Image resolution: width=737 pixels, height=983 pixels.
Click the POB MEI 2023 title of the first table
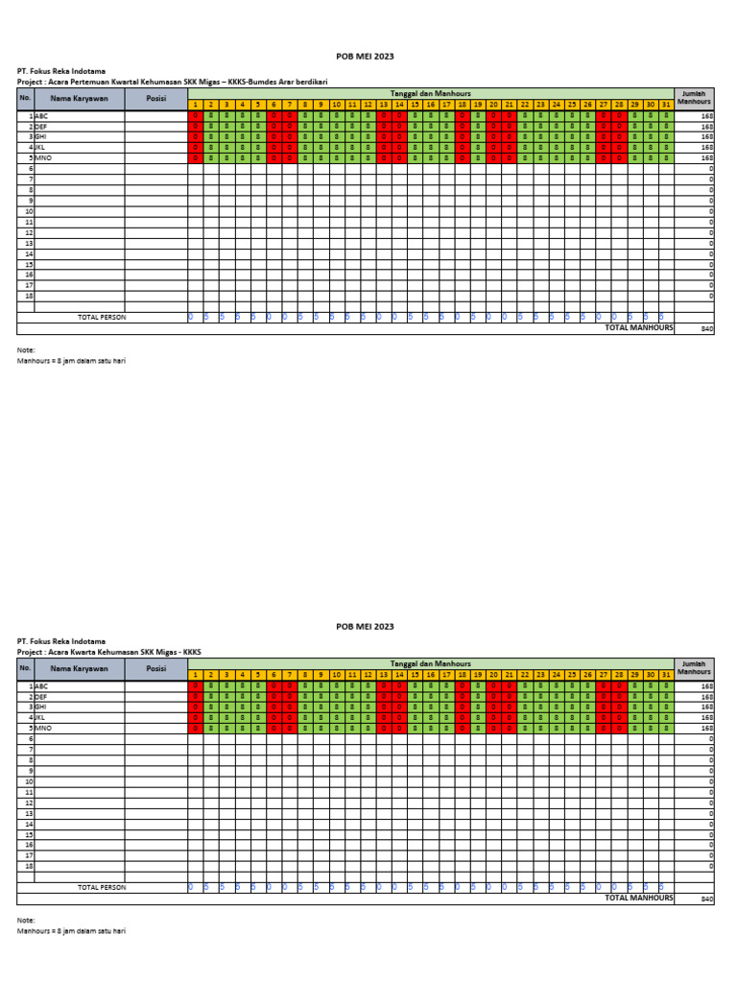tap(365, 58)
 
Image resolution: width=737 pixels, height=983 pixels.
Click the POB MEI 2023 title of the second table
tap(365, 626)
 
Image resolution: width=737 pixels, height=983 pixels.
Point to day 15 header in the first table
tap(415, 104)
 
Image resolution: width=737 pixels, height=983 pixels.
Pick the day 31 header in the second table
tap(666, 675)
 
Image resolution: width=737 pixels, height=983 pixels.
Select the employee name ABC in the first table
tap(41, 115)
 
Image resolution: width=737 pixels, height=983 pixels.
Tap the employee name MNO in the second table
tap(44, 728)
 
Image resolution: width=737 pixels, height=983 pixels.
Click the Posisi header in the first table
tap(155, 98)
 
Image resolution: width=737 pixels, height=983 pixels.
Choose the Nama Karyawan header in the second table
tap(79, 668)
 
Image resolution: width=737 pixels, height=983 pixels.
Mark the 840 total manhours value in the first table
tap(707, 328)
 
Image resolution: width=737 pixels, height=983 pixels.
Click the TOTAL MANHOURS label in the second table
tap(638, 898)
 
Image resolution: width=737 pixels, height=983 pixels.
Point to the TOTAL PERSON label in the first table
tap(101, 317)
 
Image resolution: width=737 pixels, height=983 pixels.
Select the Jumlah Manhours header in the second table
tap(693, 667)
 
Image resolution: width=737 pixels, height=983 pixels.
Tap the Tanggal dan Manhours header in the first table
tap(430, 93)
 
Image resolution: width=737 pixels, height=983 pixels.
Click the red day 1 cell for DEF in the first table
tap(195, 126)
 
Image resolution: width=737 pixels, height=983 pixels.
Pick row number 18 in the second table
tap(29, 866)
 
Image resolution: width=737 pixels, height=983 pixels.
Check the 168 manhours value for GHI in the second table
tap(707, 707)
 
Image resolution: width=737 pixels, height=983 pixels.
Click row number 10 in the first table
tap(29, 210)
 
